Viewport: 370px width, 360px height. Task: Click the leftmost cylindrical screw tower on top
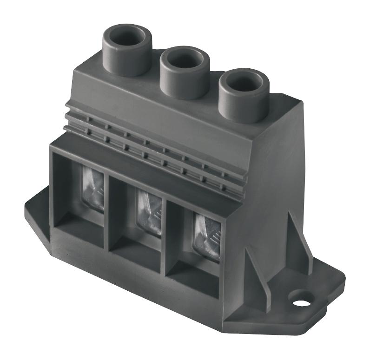126,51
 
